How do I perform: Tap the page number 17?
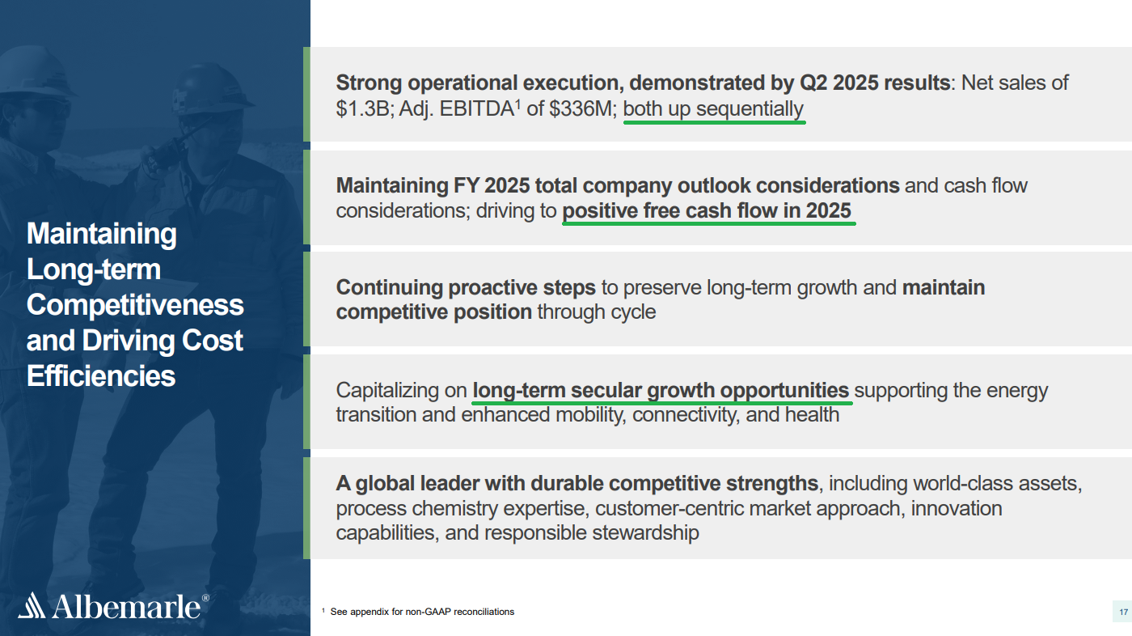[x=1123, y=613]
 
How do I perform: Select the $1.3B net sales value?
[x=362, y=108]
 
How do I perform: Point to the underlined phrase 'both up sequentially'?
[x=713, y=109]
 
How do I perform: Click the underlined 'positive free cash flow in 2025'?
[x=707, y=211]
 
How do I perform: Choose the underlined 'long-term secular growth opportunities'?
[x=661, y=391]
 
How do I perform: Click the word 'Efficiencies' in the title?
[x=101, y=375]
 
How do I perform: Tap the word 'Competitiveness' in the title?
[x=136, y=305]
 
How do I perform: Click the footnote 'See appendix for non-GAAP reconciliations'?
[x=422, y=612]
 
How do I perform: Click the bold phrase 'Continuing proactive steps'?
[x=466, y=288]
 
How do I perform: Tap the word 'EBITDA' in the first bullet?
[x=476, y=108]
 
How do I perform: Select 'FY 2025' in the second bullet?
[x=492, y=185]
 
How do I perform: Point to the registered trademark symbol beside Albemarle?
[x=205, y=598]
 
